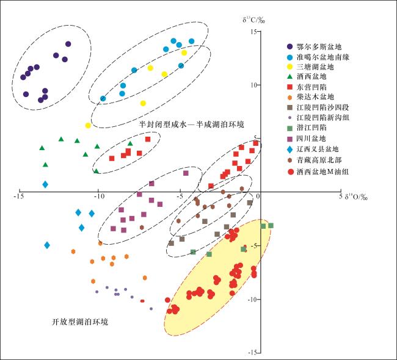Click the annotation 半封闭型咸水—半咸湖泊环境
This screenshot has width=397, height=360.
[191, 124]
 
